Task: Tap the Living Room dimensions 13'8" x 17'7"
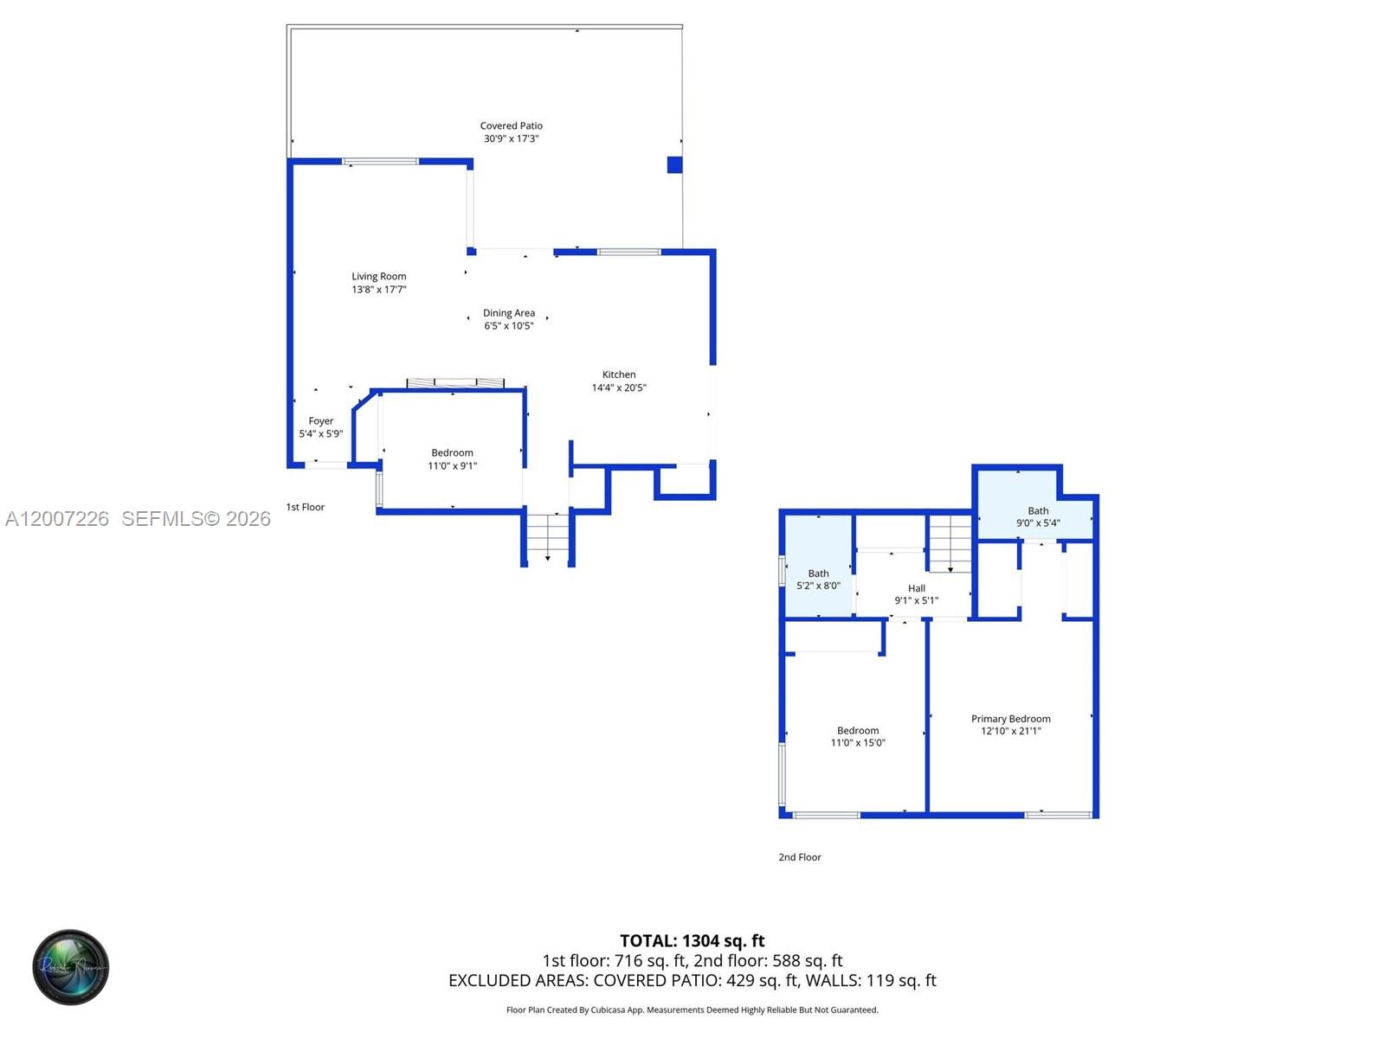(378, 289)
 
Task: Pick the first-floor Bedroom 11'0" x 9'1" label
(453, 458)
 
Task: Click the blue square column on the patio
(674, 164)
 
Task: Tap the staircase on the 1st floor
(548, 535)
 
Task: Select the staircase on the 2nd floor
(950, 544)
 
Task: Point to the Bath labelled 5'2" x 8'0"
(818, 580)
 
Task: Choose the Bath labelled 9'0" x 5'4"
(1037, 516)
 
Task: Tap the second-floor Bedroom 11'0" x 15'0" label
(858, 737)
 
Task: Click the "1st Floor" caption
(306, 507)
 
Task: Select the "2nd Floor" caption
(800, 857)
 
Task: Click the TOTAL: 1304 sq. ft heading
(692, 941)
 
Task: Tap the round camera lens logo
(71, 967)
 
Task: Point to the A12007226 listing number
(57, 519)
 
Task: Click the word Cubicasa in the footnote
(608, 1010)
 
